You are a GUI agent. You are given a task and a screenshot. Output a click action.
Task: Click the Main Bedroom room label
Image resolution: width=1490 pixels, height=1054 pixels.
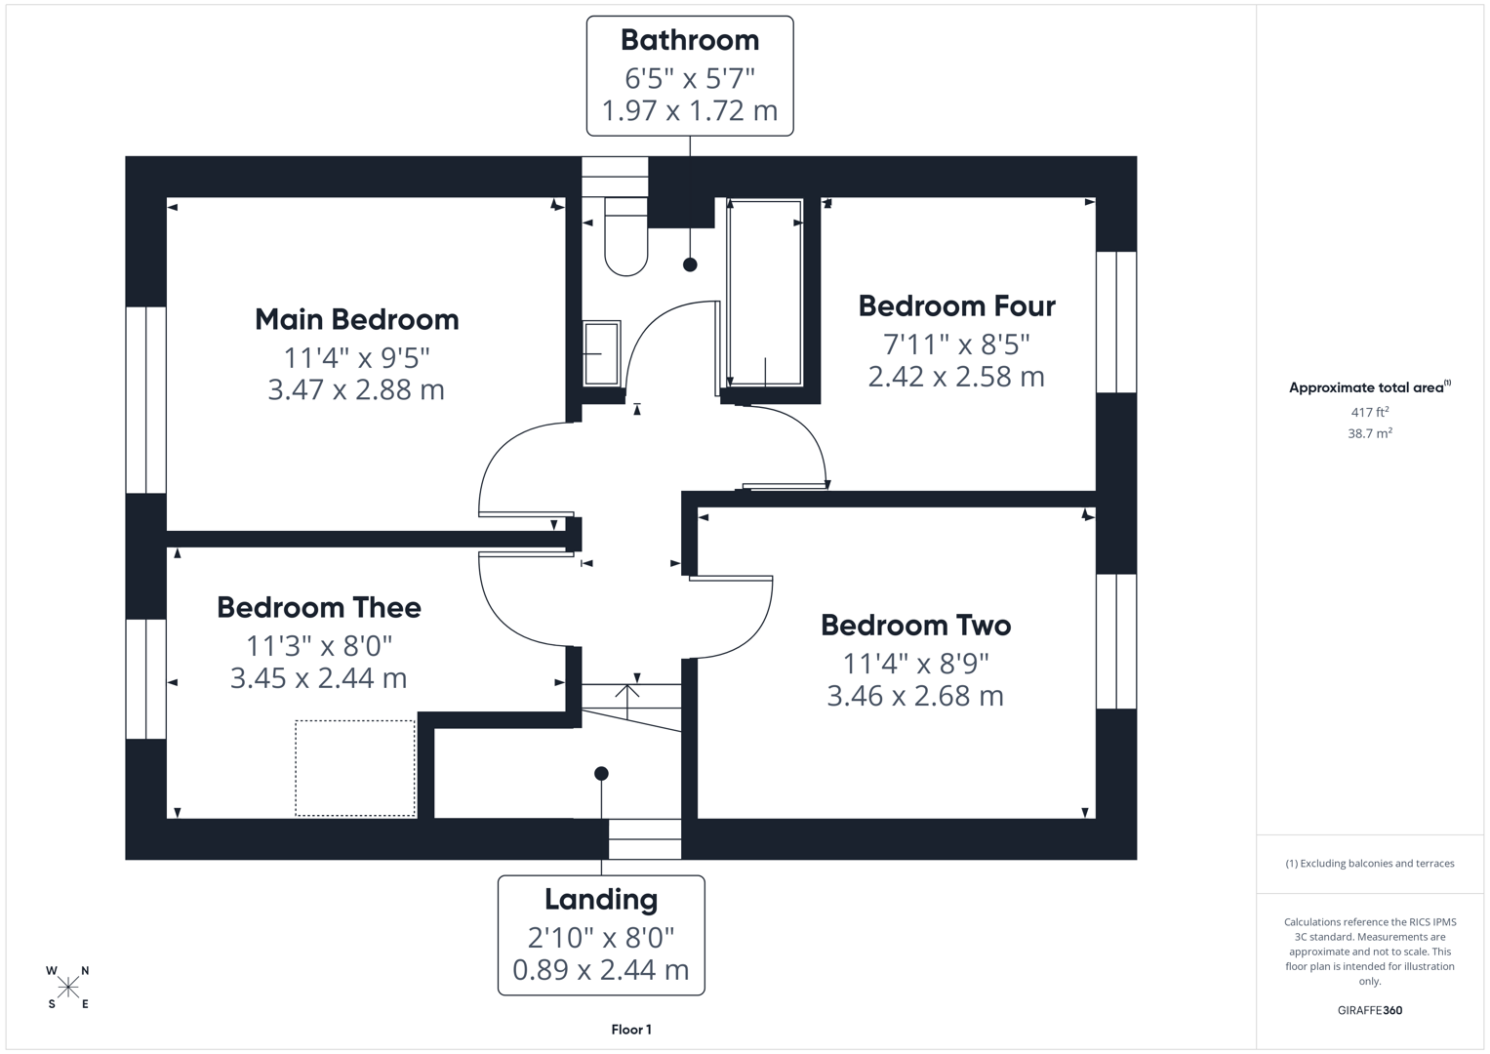(x=356, y=319)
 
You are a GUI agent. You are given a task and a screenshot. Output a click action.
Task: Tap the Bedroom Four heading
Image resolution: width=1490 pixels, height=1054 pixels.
(x=956, y=305)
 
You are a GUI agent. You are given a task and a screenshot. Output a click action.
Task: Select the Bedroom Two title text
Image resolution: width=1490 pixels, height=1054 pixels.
(x=915, y=625)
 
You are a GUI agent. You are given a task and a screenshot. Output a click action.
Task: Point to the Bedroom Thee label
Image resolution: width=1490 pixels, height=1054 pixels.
(x=319, y=607)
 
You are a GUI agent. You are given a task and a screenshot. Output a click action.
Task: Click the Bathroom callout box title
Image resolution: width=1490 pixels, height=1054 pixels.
(x=689, y=40)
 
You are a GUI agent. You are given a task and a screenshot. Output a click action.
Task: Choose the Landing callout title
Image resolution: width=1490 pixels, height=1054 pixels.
(x=601, y=899)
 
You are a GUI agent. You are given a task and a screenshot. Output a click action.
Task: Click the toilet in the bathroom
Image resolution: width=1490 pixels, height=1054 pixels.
(x=625, y=238)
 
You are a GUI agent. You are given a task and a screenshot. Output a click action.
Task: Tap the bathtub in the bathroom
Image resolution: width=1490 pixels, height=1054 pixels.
(x=765, y=293)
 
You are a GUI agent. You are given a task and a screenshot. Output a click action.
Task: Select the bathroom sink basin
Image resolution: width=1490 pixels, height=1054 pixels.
(x=601, y=353)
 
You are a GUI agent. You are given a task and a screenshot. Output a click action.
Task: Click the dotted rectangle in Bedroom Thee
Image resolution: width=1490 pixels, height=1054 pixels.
(x=355, y=768)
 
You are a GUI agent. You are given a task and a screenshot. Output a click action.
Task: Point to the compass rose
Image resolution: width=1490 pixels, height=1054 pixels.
(x=68, y=988)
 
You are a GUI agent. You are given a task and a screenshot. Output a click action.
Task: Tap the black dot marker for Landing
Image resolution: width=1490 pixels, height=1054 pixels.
(x=602, y=773)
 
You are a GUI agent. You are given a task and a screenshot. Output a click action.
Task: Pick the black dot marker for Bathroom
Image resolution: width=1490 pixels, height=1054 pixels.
(x=690, y=264)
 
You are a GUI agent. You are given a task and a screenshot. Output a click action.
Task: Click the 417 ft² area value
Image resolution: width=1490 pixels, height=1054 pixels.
(x=1369, y=412)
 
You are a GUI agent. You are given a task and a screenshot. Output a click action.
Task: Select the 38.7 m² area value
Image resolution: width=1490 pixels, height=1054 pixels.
(x=1369, y=433)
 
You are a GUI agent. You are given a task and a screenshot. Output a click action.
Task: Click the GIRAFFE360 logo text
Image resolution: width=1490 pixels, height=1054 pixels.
(x=1369, y=1010)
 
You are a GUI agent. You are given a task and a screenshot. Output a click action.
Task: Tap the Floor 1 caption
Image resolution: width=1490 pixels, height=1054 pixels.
(x=631, y=1030)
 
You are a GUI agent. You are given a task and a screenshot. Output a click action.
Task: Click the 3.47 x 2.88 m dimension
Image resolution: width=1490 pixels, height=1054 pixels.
(x=356, y=389)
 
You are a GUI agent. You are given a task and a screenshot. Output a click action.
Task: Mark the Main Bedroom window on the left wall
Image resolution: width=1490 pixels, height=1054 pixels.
(x=146, y=400)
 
